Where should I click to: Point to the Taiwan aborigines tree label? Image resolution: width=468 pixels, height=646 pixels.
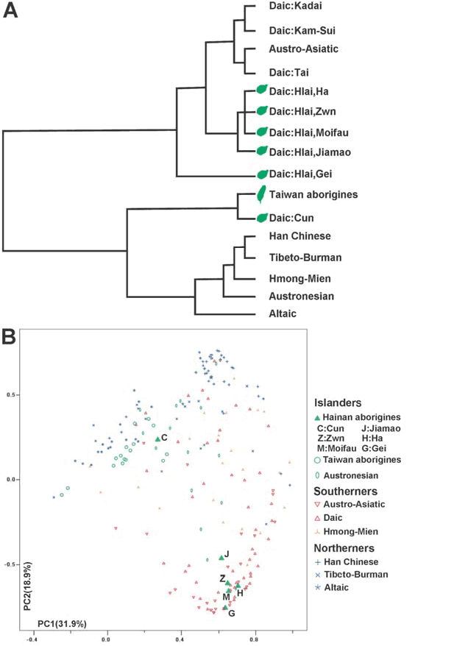point(313,194)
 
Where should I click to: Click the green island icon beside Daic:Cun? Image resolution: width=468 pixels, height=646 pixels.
point(260,218)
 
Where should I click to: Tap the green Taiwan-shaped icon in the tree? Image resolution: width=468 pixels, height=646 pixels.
point(260,194)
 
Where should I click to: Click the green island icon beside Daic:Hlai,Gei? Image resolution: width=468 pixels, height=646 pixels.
point(260,175)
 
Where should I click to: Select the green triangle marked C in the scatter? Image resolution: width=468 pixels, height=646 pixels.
point(157,439)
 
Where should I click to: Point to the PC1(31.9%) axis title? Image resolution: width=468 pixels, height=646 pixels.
point(62,624)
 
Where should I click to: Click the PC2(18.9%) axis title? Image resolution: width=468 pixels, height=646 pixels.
point(27,586)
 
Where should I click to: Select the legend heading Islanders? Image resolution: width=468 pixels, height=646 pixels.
point(338,403)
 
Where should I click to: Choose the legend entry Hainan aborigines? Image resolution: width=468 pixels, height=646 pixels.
point(358,416)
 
